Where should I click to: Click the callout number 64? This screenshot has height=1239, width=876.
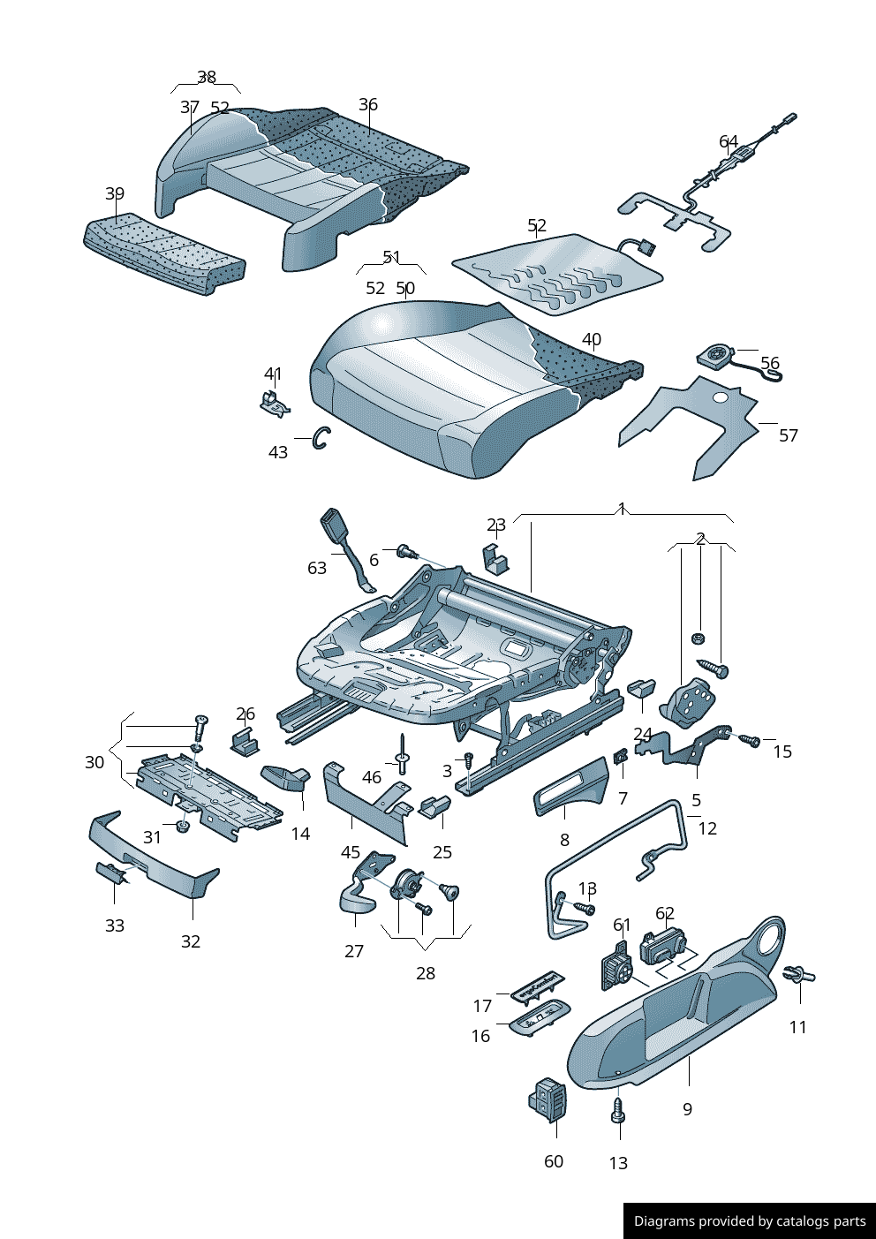click(x=729, y=141)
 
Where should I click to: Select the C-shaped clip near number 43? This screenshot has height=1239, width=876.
click(x=322, y=437)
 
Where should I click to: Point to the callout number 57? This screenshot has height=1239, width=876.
click(x=789, y=435)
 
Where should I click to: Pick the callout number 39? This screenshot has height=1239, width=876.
click(x=115, y=193)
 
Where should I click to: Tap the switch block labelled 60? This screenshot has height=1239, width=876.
click(x=549, y=1100)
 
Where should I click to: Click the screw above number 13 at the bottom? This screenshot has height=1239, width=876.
click(x=618, y=1111)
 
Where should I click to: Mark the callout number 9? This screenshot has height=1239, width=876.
click(x=688, y=1109)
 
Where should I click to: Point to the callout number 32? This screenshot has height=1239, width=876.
click(x=191, y=941)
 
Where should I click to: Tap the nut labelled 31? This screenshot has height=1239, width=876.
click(x=183, y=827)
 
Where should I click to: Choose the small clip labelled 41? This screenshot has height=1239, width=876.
click(x=275, y=402)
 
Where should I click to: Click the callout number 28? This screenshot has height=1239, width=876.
click(x=426, y=973)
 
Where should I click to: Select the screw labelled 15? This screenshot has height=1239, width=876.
click(x=751, y=739)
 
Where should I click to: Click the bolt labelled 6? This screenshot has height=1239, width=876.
click(x=406, y=552)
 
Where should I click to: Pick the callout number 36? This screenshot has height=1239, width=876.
click(x=368, y=104)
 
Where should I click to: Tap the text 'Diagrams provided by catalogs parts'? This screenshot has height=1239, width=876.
click(x=750, y=1221)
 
